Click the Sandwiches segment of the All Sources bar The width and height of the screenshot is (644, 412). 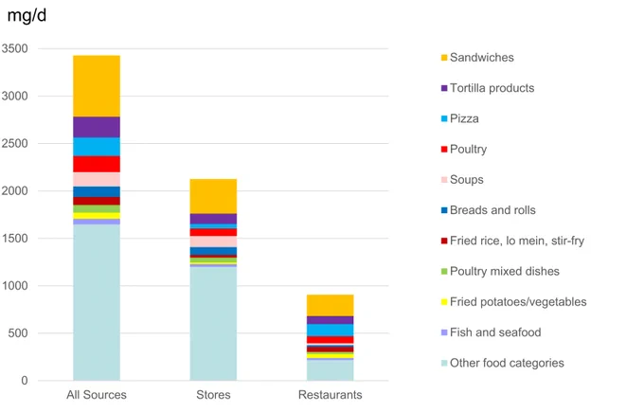(x=97, y=86)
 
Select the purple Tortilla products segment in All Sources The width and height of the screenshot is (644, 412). (x=97, y=127)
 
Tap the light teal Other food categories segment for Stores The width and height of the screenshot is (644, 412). (x=213, y=324)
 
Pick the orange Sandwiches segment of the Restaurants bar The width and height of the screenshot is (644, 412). (x=331, y=305)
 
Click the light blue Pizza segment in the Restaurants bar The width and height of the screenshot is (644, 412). (x=331, y=330)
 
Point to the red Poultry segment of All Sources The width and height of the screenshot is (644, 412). (x=97, y=164)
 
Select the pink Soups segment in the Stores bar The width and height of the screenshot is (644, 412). (x=213, y=242)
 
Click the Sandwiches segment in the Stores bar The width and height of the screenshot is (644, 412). (x=213, y=196)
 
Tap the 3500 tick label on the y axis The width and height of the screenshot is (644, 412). (x=15, y=48)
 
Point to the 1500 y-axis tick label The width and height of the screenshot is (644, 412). (x=15, y=239)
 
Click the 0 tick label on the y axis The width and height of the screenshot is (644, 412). (x=25, y=381)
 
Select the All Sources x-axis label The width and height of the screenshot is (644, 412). (x=97, y=395)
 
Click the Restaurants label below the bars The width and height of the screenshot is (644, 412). (x=331, y=395)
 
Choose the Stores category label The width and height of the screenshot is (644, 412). (x=213, y=395)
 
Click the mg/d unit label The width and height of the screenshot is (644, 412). (x=27, y=16)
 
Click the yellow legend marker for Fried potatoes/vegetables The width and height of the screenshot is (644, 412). (x=444, y=302)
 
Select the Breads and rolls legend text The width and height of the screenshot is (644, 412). (x=492, y=210)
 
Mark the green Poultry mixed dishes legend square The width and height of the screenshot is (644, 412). (x=444, y=272)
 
